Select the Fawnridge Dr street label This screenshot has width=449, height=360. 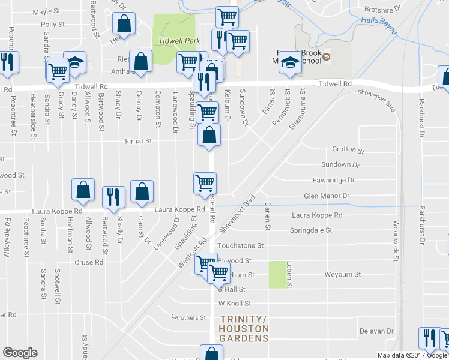point(334,180)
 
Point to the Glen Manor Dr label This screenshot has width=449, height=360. point(327,196)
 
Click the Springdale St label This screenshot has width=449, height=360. point(311,230)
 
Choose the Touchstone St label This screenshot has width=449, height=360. point(241,245)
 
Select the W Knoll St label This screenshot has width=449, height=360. point(234,304)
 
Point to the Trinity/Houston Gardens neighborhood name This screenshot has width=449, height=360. point(244,328)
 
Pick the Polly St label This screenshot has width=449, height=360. point(53,25)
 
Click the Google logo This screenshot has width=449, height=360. point(20,353)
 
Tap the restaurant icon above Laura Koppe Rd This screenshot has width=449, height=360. point(112,197)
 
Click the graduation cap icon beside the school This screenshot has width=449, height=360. point(289,64)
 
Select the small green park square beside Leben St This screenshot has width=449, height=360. point(277,275)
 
